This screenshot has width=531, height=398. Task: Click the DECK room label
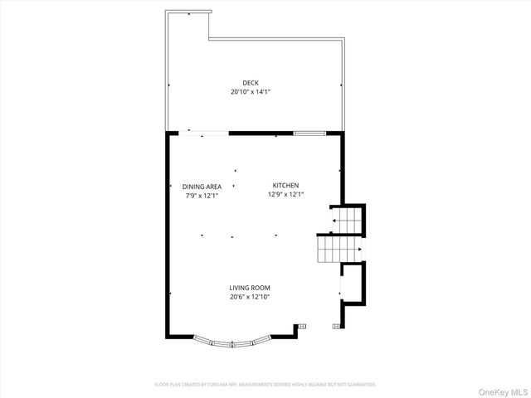point(251,83)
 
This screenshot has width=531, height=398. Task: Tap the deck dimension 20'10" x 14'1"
point(251,92)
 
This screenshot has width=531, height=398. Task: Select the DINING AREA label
point(202,187)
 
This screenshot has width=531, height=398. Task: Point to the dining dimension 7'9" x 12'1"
point(202,196)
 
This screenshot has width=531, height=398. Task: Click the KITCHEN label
point(285,186)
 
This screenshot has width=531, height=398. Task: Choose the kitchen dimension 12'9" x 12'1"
point(285,195)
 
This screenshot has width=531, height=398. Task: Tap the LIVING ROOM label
point(250,288)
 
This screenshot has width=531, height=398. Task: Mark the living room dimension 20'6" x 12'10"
point(250,297)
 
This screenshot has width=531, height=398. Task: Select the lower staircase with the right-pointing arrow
point(339,248)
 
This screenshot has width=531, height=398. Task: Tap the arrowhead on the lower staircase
point(360,248)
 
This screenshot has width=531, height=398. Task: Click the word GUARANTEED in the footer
point(359,385)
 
